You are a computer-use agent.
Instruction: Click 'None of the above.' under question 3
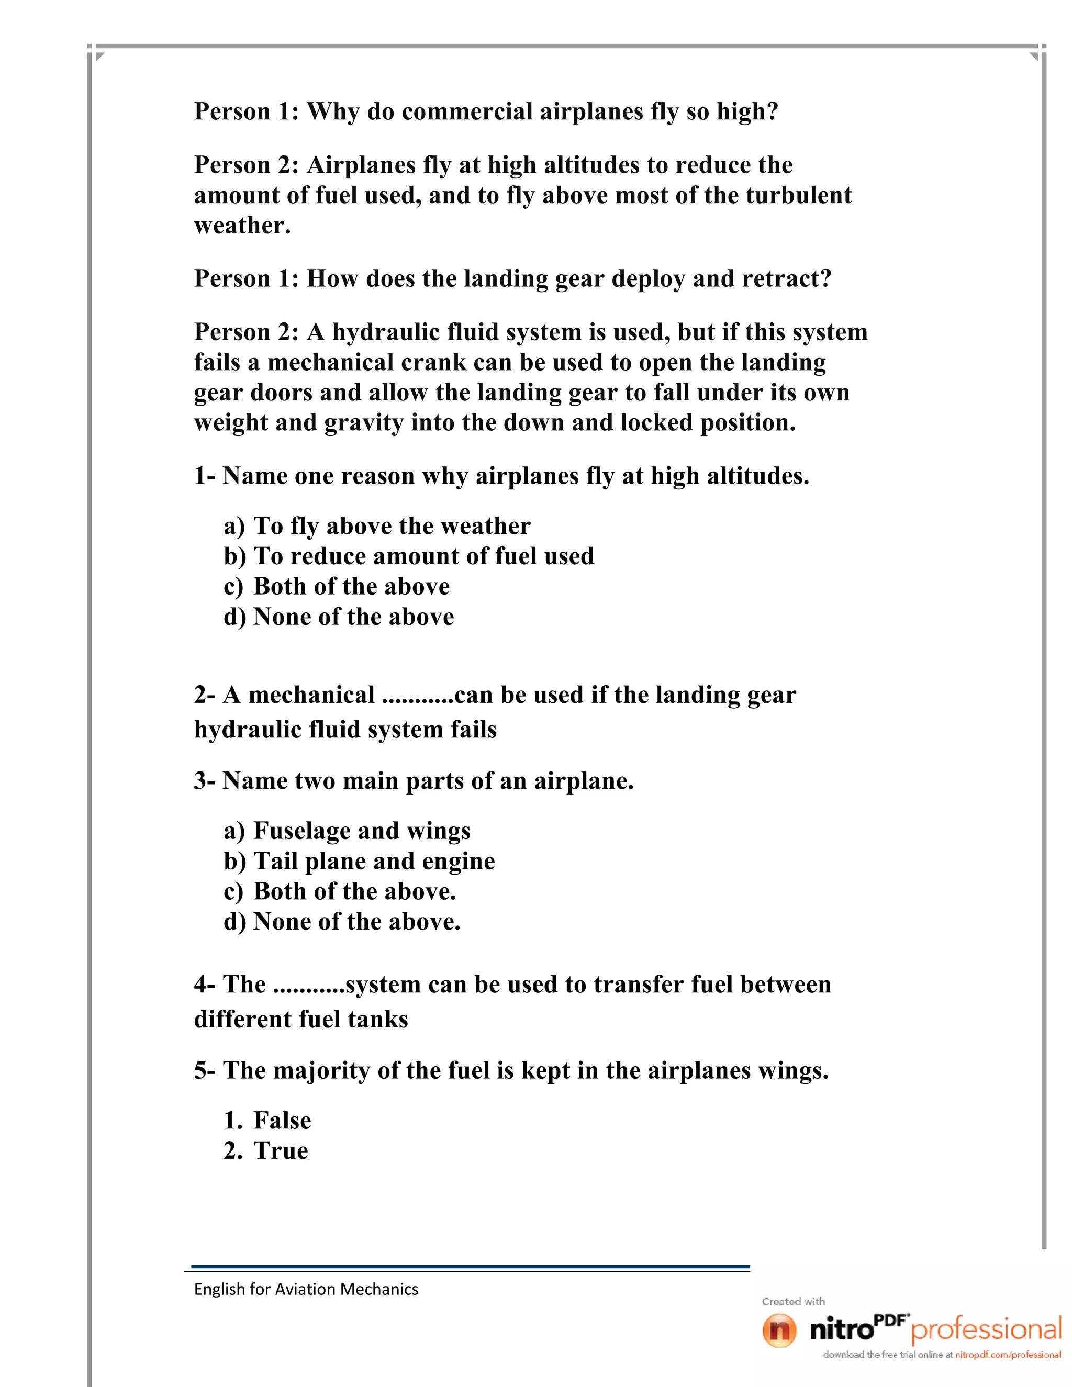(x=356, y=922)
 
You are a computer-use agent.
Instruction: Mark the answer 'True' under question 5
(x=280, y=1151)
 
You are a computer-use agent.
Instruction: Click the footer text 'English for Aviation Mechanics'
(x=306, y=1289)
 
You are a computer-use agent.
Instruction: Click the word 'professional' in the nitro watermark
(x=986, y=1330)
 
